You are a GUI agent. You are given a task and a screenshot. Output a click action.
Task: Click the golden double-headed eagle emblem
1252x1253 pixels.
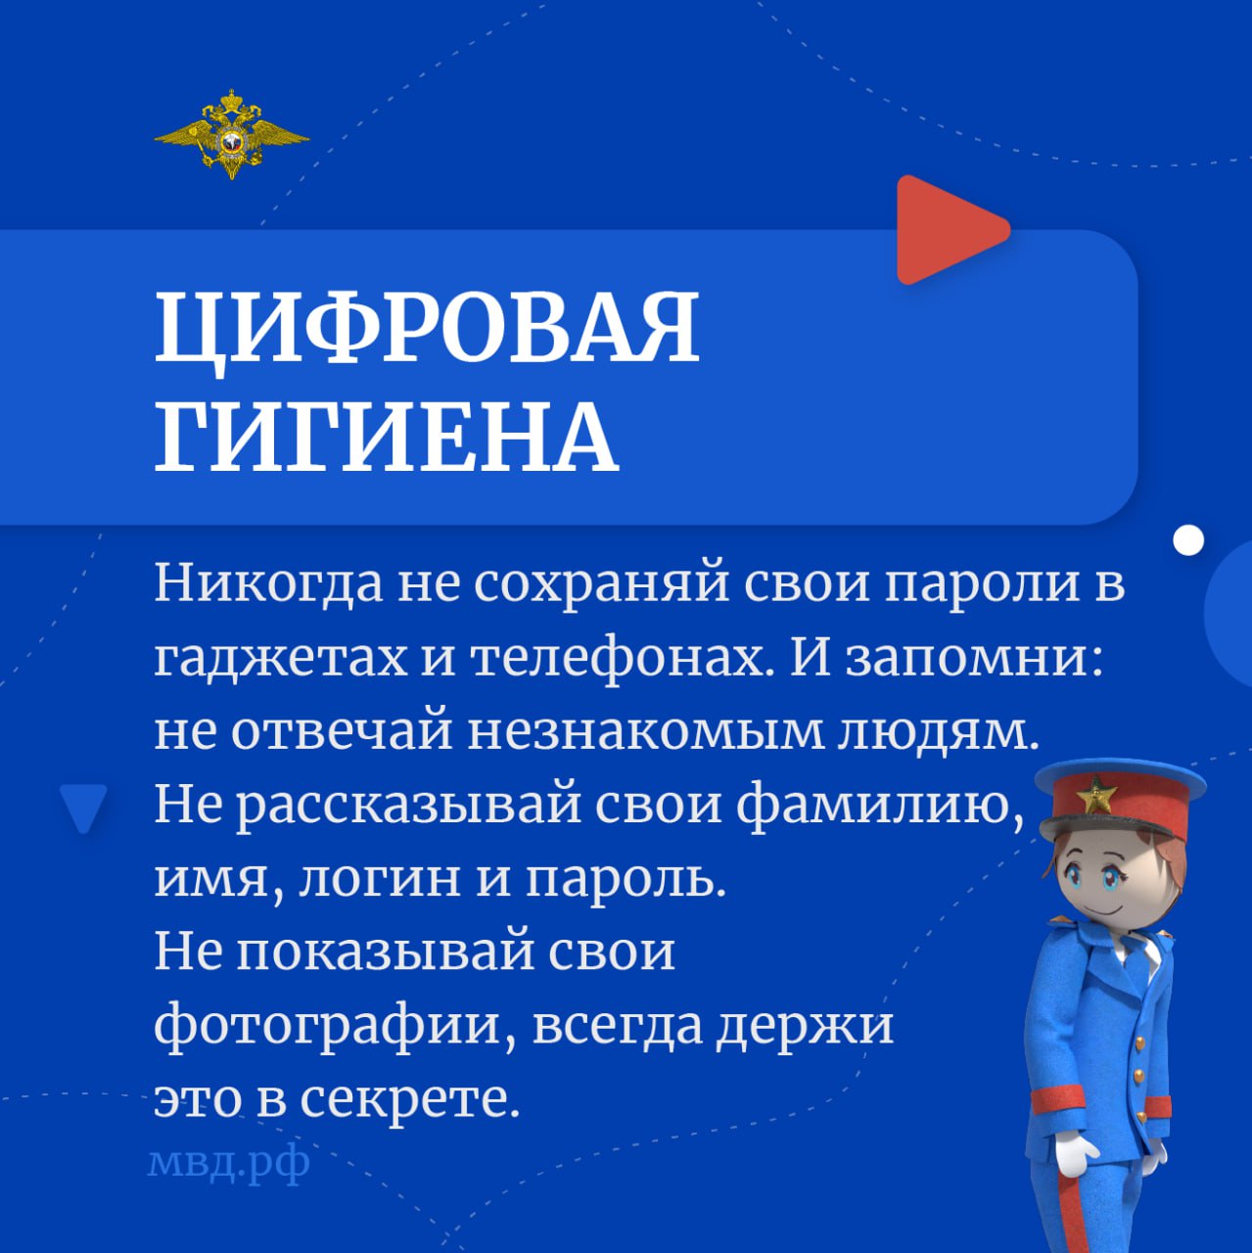click(x=232, y=135)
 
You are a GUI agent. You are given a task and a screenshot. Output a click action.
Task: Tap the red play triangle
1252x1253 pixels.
click(x=946, y=230)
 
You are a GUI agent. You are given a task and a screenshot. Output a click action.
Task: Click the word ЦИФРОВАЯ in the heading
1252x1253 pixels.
click(x=427, y=328)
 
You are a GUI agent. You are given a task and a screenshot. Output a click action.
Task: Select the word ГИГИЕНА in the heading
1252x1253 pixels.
click(x=387, y=436)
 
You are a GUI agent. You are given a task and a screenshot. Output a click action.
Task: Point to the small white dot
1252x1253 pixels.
click(x=1187, y=539)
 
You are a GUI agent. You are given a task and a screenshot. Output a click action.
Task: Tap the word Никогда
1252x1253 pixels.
click(x=267, y=585)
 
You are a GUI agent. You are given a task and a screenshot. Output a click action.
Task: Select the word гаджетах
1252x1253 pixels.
click(x=280, y=659)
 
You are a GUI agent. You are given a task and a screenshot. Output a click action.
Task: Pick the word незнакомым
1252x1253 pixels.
click(x=645, y=731)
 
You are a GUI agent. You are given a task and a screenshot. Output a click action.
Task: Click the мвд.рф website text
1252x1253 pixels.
click(x=228, y=1163)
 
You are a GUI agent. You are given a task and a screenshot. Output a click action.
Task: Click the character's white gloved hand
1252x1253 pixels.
click(x=1076, y=1153)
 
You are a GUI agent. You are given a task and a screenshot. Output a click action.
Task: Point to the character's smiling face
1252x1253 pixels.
click(x=1106, y=881)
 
